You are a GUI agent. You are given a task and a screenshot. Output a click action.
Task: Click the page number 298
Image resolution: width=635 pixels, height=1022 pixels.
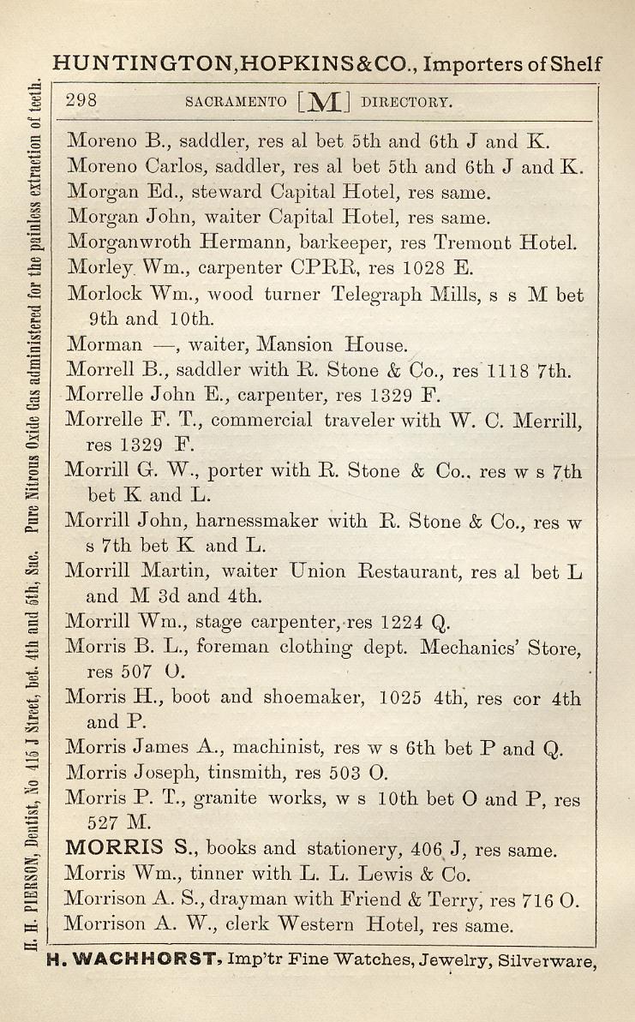82,100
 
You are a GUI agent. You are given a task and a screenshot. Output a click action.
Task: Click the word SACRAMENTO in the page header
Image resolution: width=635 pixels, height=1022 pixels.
236,102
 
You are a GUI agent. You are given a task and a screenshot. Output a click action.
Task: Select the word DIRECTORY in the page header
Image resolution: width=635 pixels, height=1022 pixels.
405,102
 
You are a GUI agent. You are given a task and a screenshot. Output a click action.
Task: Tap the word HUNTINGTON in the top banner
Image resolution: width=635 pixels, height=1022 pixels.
141,63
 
